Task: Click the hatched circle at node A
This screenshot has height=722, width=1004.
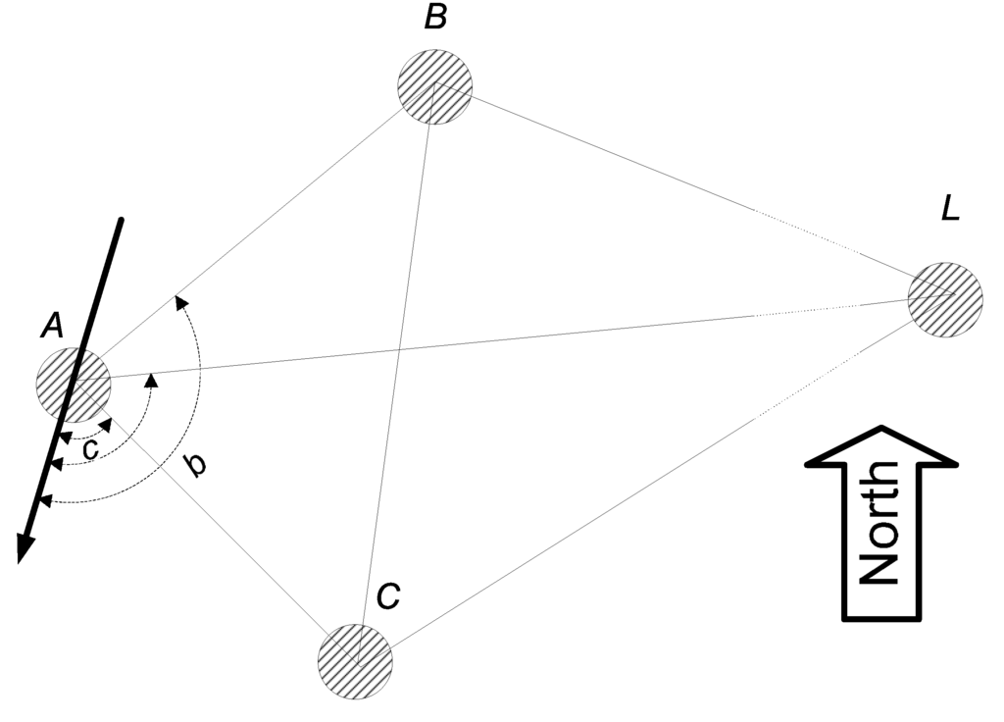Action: click(x=74, y=383)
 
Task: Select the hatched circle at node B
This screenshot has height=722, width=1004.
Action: click(x=434, y=85)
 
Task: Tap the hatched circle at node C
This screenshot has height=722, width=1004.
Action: click(x=355, y=660)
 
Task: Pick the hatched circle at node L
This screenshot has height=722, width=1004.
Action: click(x=944, y=298)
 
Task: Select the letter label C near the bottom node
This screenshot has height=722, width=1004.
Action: click(x=387, y=595)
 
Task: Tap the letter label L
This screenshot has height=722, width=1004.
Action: click(x=949, y=208)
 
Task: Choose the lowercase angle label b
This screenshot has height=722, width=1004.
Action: click(x=196, y=463)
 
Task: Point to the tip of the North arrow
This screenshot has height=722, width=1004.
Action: click(x=881, y=429)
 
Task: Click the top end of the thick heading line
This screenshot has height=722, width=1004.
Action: click(x=121, y=220)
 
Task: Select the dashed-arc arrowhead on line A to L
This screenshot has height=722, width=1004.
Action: click(x=150, y=379)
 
